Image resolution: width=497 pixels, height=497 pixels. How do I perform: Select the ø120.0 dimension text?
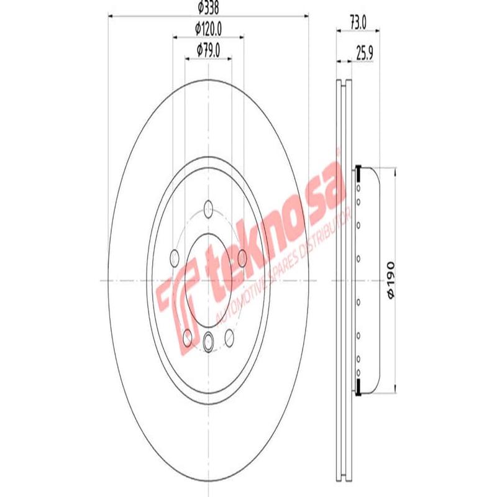[x=209, y=28]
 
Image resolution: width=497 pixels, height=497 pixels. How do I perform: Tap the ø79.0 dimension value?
[x=209, y=48]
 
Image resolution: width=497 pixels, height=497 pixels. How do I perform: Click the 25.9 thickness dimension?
[x=364, y=54]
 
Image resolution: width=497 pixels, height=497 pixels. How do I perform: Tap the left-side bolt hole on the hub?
[x=175, y=255]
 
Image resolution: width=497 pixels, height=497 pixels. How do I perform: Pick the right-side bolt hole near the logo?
[x=242, y=255]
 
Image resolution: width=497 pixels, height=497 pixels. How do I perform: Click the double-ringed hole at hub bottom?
[x=208, y=340]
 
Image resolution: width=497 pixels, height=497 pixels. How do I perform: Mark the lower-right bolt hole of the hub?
[x=229, y=336]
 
